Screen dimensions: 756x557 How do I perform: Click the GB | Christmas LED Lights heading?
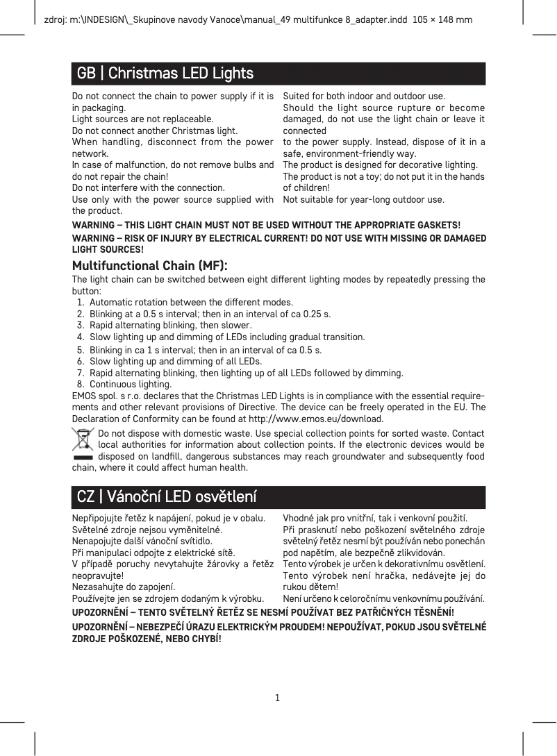[x=165, y=73]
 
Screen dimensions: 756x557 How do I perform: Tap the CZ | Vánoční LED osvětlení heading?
[x=167, y=497]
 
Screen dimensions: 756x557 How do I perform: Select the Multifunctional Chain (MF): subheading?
[x=149, y=266]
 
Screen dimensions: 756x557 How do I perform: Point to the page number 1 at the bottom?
[x=277, y=697]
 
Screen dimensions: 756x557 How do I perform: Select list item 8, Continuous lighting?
[x=130, y=384]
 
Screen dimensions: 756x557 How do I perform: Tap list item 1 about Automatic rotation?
[x=191, y=302]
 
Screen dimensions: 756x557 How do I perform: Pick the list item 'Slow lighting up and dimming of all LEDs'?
[x=175, y=361]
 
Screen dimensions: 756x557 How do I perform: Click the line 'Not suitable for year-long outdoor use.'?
[x=364, y=199]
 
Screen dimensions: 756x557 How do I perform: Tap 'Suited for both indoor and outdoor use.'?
[x=364, y=96]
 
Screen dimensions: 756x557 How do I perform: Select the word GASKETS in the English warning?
[x=436, y=226]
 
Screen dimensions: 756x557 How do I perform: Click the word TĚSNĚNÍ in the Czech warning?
[x=430, y=612]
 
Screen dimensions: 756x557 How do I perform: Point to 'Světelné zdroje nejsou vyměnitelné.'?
[x=147, y=529]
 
